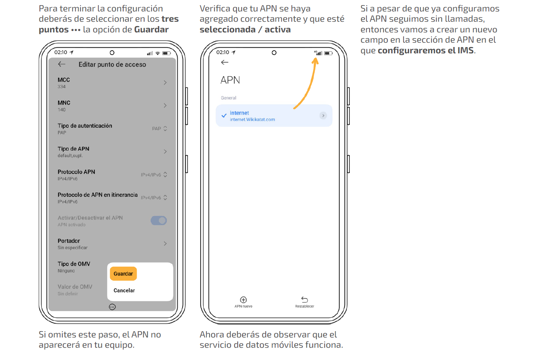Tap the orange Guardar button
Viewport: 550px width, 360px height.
point(123,273)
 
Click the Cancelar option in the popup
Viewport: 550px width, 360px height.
point(124,290)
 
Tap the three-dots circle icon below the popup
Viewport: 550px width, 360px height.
point(112,307)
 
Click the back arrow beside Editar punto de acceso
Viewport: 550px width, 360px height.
point(62,64)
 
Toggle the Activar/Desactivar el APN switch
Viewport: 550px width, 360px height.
point(159,221)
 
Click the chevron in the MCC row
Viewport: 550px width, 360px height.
point(165,83)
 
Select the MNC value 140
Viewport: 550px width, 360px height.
point(62,109)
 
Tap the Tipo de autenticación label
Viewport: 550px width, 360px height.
point(85,126)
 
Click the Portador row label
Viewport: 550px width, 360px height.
point(69,241)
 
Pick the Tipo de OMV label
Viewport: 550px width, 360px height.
point(74,264)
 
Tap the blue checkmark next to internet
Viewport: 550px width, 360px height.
point(224,115)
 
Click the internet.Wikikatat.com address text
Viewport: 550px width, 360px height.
point(252,120)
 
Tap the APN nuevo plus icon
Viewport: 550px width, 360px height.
point(243,300)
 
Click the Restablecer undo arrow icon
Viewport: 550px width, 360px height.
point(304,300)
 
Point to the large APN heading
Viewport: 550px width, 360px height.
point(230,80)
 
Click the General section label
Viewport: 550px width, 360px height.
point(228,98)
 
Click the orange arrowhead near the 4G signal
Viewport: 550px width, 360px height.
point(315,61)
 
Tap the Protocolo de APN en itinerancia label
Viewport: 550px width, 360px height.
point(98,195)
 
